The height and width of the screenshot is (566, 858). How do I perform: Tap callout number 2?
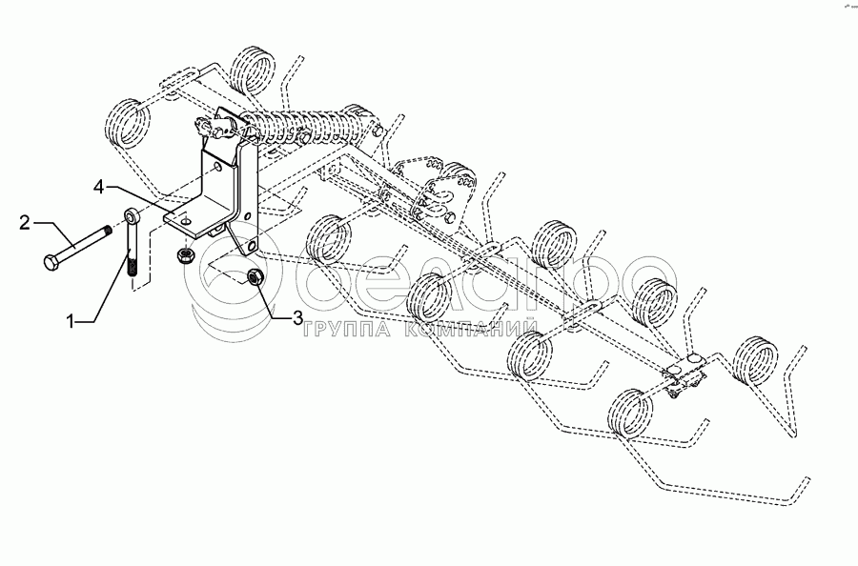pyautogui.click(x=25, y=223)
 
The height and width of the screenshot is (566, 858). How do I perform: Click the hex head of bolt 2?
pyautogui.click(x=50, y=260)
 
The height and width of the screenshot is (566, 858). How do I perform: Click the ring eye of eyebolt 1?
pyautogui.click(x=131, y=222)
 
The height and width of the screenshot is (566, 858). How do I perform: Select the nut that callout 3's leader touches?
pyautogui.click(x=255, y=275)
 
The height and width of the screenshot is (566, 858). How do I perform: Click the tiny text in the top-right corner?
pyautogui.click(x=845, y=7)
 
